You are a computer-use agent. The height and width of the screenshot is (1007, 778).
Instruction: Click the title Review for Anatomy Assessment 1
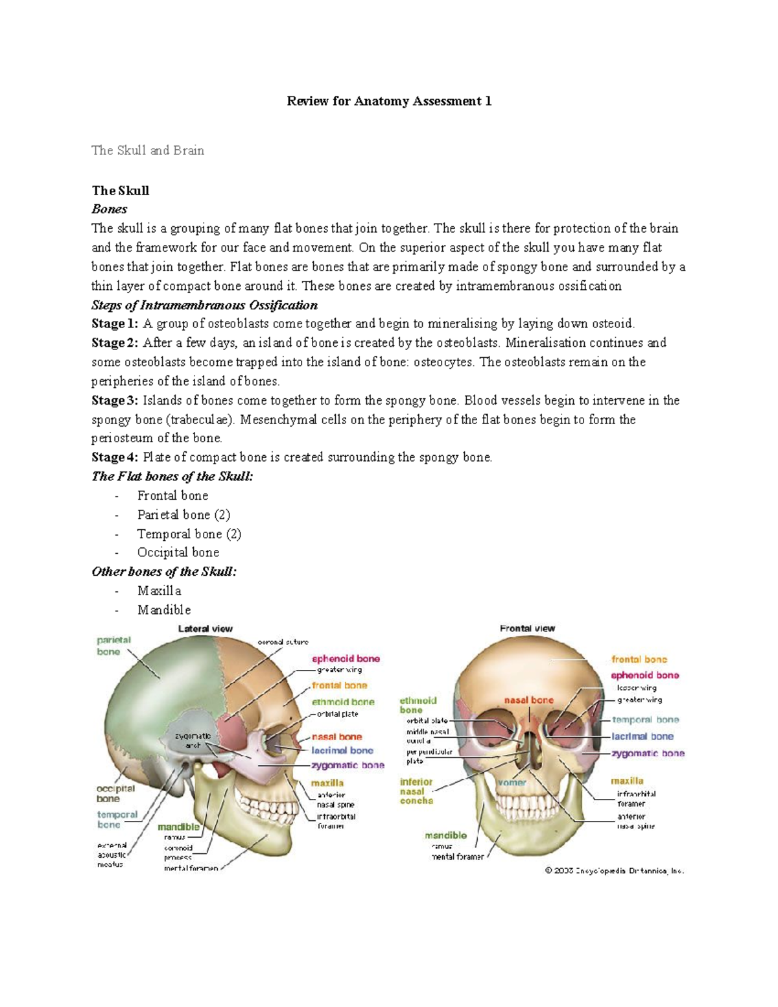click(x=389, y=101)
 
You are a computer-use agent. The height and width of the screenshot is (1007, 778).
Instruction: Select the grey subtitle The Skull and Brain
click(x=148, y=150)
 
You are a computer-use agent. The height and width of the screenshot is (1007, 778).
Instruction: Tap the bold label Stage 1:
click(x=115, y=324)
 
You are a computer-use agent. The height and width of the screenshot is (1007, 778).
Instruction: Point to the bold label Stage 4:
click(x=115, y=457)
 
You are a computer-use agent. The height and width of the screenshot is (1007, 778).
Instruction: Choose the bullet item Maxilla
click(x=159, y=591)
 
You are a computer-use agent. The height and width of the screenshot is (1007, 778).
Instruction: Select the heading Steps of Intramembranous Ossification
click(x=204, y=305)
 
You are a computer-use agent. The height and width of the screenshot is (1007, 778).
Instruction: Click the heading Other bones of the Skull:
click(x=164, y=571)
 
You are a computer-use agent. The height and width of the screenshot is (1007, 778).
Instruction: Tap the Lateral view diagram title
click(x=205, y=628)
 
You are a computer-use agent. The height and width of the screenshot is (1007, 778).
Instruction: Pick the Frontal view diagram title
click(x=527, y=628)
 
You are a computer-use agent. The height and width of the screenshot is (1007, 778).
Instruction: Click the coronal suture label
click(x=283, y=642)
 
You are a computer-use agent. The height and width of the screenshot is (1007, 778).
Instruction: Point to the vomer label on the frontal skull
click(x=512, y=783)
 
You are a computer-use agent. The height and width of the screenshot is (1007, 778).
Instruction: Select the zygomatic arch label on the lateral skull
click(x=193, y=740)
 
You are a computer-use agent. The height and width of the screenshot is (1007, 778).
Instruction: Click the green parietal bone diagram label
click(x=113, y=646)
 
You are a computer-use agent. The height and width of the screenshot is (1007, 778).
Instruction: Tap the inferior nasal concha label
click(x=416, y=791)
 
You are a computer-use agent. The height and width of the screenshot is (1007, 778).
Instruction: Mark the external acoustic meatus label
click(x=111, y=855)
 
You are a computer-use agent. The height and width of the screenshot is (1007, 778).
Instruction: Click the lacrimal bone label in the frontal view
click(x=642, y=737)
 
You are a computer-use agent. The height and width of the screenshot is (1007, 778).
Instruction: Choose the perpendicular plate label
click(x=429, y=756)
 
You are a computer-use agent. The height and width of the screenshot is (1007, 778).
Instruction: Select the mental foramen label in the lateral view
click(x=191, y=868)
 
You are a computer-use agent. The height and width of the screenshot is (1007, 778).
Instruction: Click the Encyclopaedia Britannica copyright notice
click(x=614, y=871)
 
